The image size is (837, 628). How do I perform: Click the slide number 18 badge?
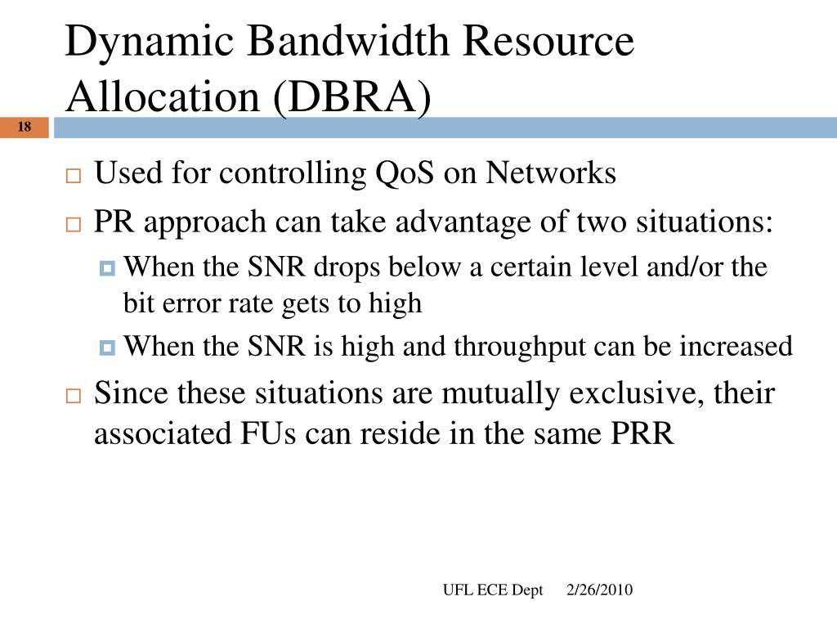point(23,127)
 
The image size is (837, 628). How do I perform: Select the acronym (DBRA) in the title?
point(351,96)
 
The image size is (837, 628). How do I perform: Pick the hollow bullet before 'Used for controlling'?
point(74,177)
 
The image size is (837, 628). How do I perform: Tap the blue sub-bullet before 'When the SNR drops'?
point(108,268)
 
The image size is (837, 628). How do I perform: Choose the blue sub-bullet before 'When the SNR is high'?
point(108,348)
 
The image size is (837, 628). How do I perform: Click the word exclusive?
point(633,393)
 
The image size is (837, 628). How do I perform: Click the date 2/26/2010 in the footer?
point(600,590)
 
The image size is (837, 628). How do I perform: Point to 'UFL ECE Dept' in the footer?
point(493,590)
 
